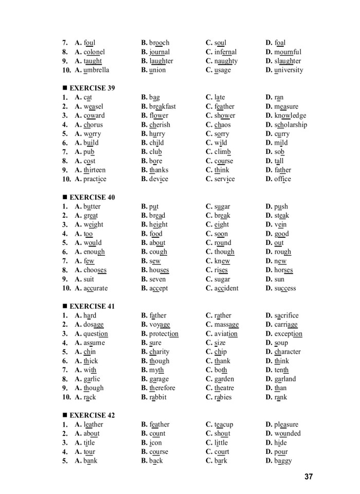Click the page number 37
click(308, 477)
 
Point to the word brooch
click(159, 43)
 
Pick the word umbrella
click(96, 70)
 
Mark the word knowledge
click(290, 116)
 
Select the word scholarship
click(291, 125)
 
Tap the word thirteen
click(95, 170)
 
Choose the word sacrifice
click(286, 315)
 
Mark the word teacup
click(224, 425)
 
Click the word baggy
click(283, 461)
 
